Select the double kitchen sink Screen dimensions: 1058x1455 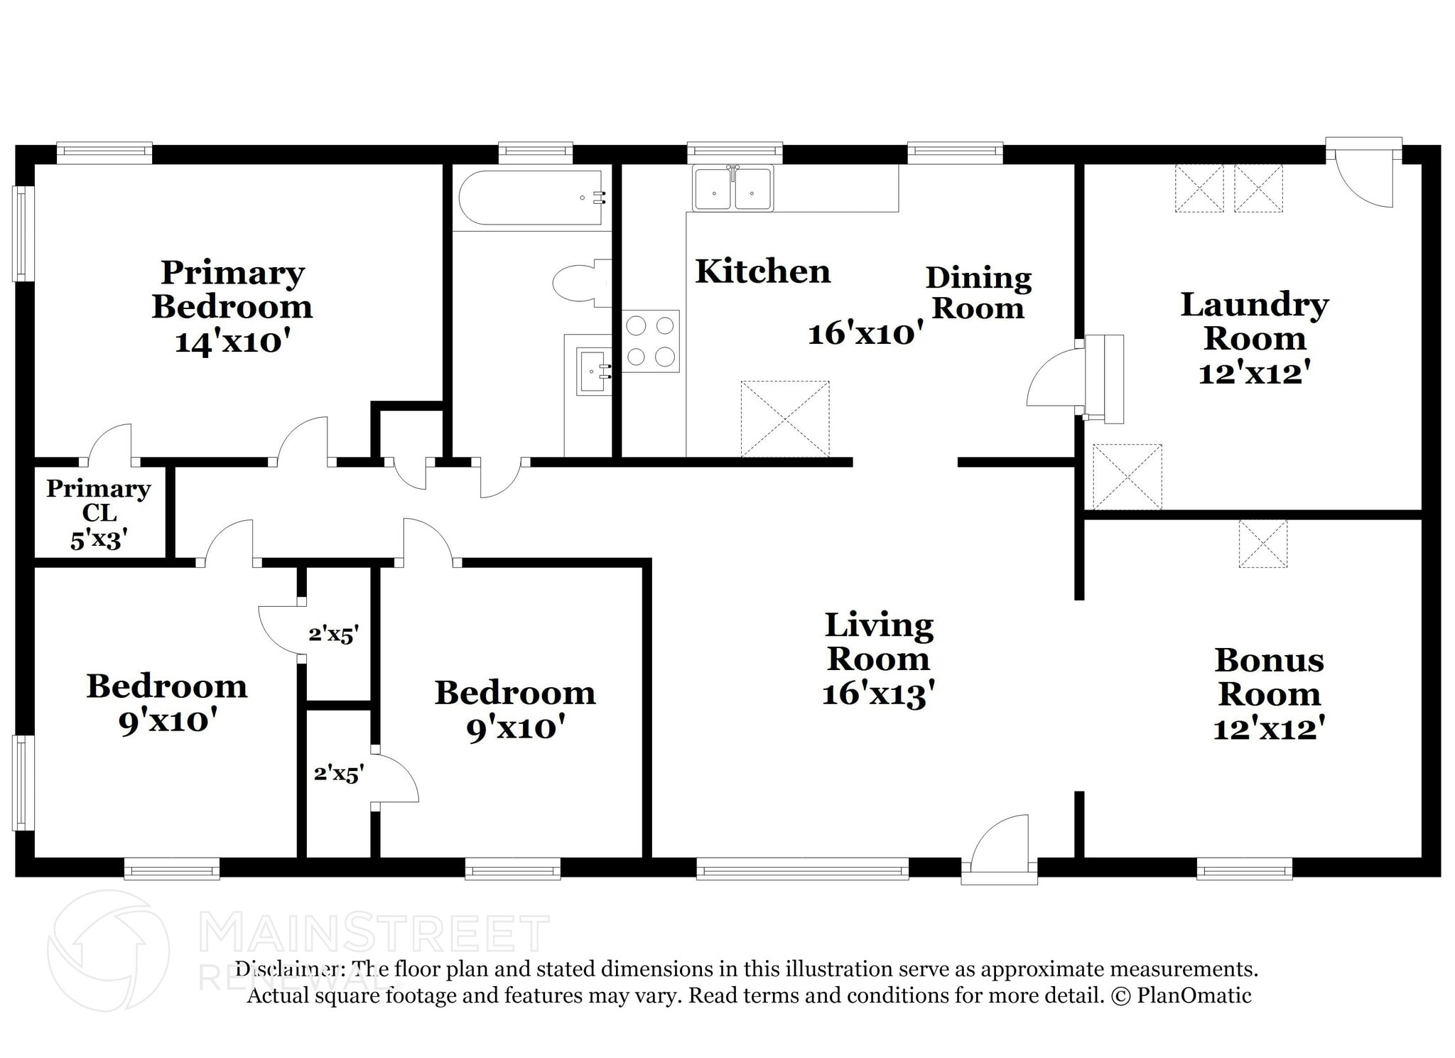pyautogui.click(x=733, y=188)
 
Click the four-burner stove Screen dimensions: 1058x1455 pyautogui.click(x=650, y=341)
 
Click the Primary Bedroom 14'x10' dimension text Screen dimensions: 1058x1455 pyautogui.click(x=233, y=342)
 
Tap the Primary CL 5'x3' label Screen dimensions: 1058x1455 pyautogui.click(x=99, y=514)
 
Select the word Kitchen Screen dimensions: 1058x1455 pyautogui.click(x=762, y=271)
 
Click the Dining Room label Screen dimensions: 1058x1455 pyautogui.click(x=978, y=293)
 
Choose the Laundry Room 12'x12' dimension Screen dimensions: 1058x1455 pyautogui.click(x=1254, y=373)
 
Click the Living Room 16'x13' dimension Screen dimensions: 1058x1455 pyautogui.click(x=878, y=693)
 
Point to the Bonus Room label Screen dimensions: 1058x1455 pyautogui.click(x=1269, y=676)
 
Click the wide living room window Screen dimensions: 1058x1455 pyautogui.click(x=802, y=868)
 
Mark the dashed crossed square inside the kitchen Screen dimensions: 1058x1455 pyautogui.click(x=785, y=419)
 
